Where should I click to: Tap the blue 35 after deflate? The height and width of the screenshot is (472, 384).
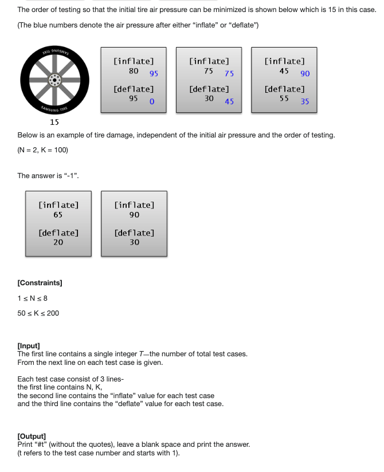pos(304,101)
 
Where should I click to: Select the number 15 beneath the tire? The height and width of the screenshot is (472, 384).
pos(54,123)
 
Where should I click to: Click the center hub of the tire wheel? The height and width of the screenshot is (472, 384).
pos(56,80)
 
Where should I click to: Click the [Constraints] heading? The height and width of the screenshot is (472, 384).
pos(40,283)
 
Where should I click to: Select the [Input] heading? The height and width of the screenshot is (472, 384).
pos(29,346)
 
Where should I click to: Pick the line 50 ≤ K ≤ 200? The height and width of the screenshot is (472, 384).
pos(38,313)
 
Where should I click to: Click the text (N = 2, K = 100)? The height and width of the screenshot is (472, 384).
pos(43,150)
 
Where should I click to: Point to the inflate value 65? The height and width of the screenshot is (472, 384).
pos(58,215)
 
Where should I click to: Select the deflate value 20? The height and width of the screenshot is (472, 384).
pos(58,242)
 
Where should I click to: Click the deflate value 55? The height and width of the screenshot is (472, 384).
pos(284,99)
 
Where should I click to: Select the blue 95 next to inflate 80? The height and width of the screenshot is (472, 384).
pos(154,73)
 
